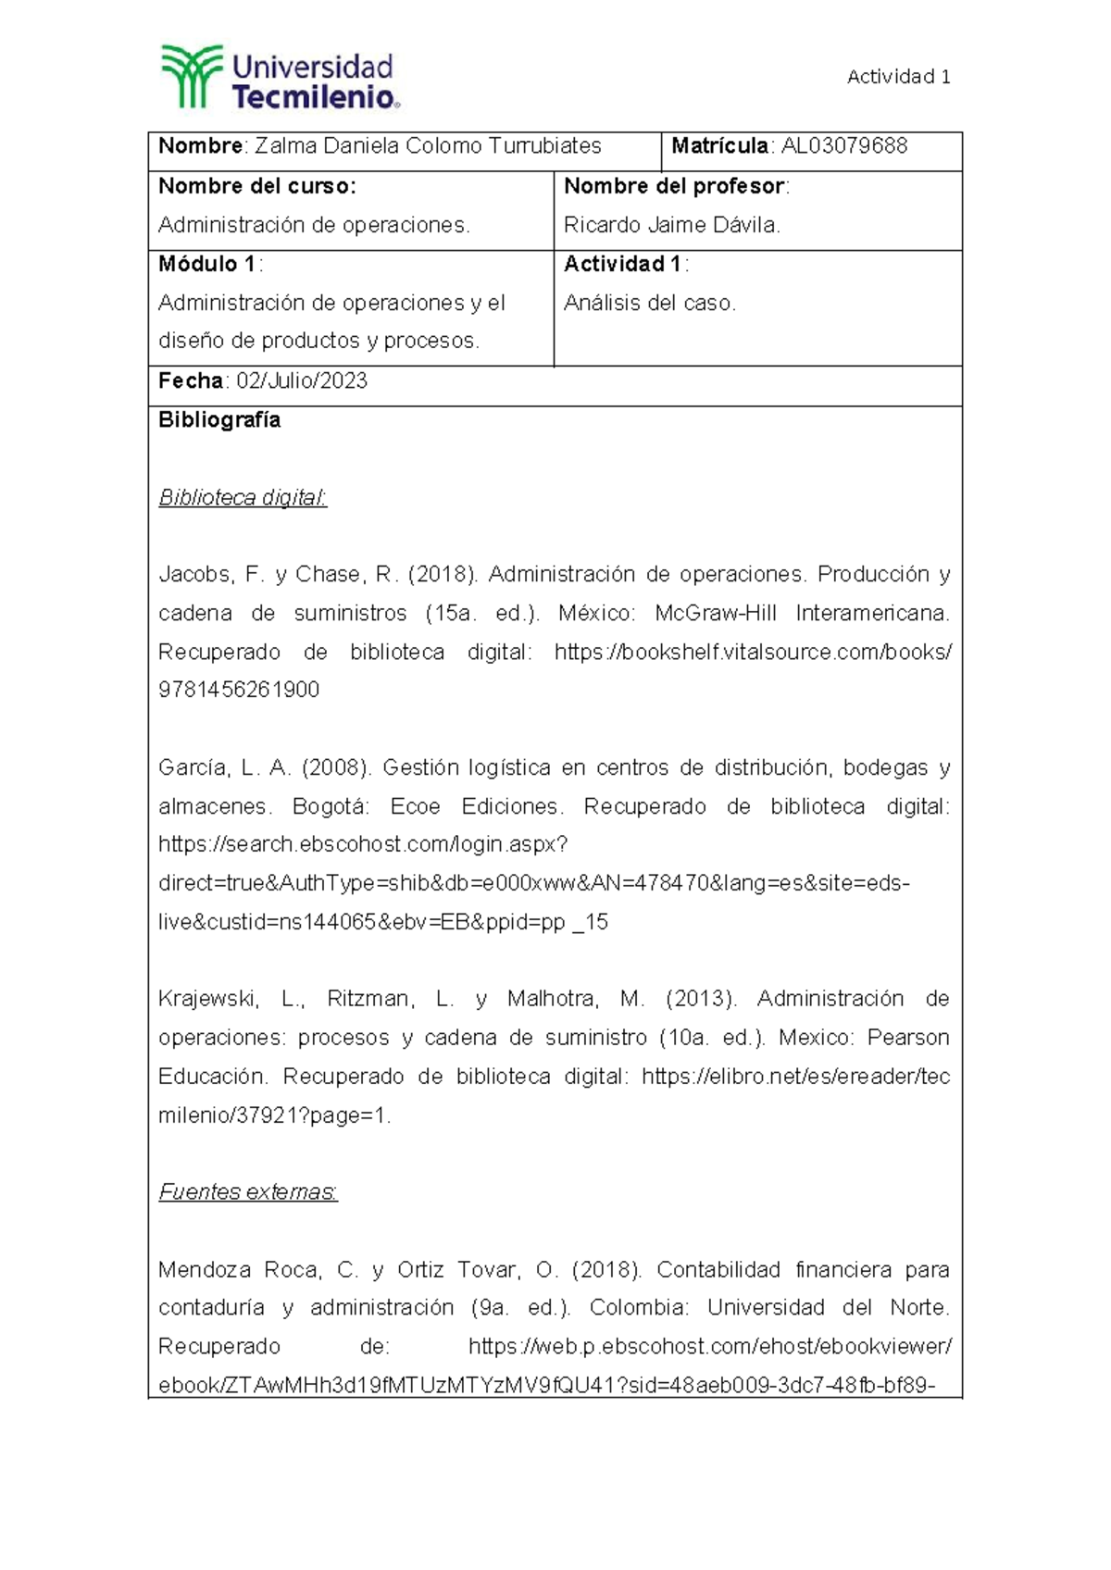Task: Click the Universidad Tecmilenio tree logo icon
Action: coord(192,76)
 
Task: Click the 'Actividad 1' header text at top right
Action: coord(898,77)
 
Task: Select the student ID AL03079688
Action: coord(844,146)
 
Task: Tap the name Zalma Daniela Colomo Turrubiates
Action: coord(428,146)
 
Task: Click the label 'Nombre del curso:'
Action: coord(256,186)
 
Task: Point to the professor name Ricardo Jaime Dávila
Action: coord(671,225)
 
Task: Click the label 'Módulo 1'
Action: coord(207,264)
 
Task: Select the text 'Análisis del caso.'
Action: coord(649,303)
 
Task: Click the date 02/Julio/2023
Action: coord(302,380)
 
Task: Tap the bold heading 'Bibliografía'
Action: coord(219,420)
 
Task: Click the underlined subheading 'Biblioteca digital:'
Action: coord(243,498)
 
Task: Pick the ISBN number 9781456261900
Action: coord(239,690)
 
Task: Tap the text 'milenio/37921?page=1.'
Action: coord(275,1115)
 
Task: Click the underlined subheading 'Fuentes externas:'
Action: coord(248,1192)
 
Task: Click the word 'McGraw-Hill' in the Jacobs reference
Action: coord(715,614)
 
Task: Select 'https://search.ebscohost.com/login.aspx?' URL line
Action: coord(363,845)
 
